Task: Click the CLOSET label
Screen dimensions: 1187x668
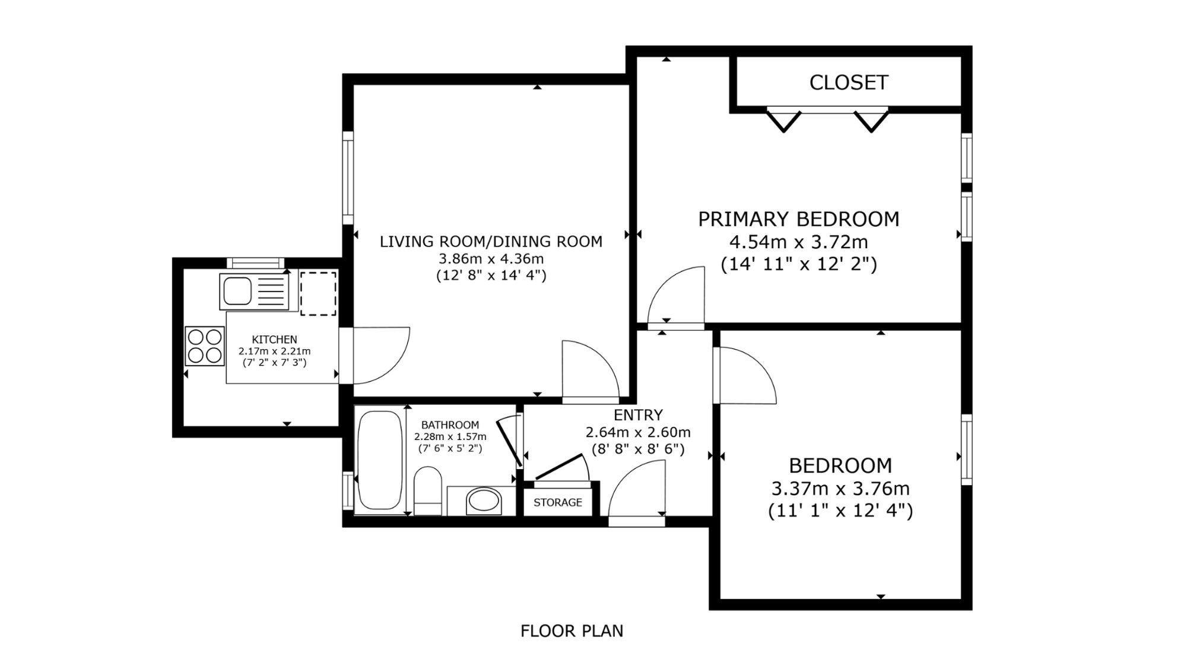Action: click(849, 83)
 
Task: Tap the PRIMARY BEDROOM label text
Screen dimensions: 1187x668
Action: click(798, 219)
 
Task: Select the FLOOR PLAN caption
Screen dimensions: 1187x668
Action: click(572, 631)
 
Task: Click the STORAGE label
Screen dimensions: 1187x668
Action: click(558, 502)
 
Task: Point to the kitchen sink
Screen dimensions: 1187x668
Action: click(253, 292)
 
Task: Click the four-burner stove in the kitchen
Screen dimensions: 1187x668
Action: click(205, 346)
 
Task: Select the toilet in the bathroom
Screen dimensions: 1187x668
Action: click(428, 490)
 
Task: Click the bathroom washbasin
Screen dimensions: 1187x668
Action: click(483, 501)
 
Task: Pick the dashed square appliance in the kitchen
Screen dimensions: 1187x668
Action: click(318, 294)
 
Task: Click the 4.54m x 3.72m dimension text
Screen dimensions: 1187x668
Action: click(798, 242)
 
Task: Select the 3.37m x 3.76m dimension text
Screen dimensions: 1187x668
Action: click(840, 489)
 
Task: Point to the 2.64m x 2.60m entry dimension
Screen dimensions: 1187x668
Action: click(638, 432)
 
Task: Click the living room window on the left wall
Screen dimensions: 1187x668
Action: click(348, 178)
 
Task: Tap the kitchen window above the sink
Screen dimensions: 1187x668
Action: click(256, 263)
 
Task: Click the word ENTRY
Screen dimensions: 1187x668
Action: click(638, 415)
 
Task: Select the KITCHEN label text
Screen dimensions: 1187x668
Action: click(274, 340)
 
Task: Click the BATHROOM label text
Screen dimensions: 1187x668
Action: click(450, 425)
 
